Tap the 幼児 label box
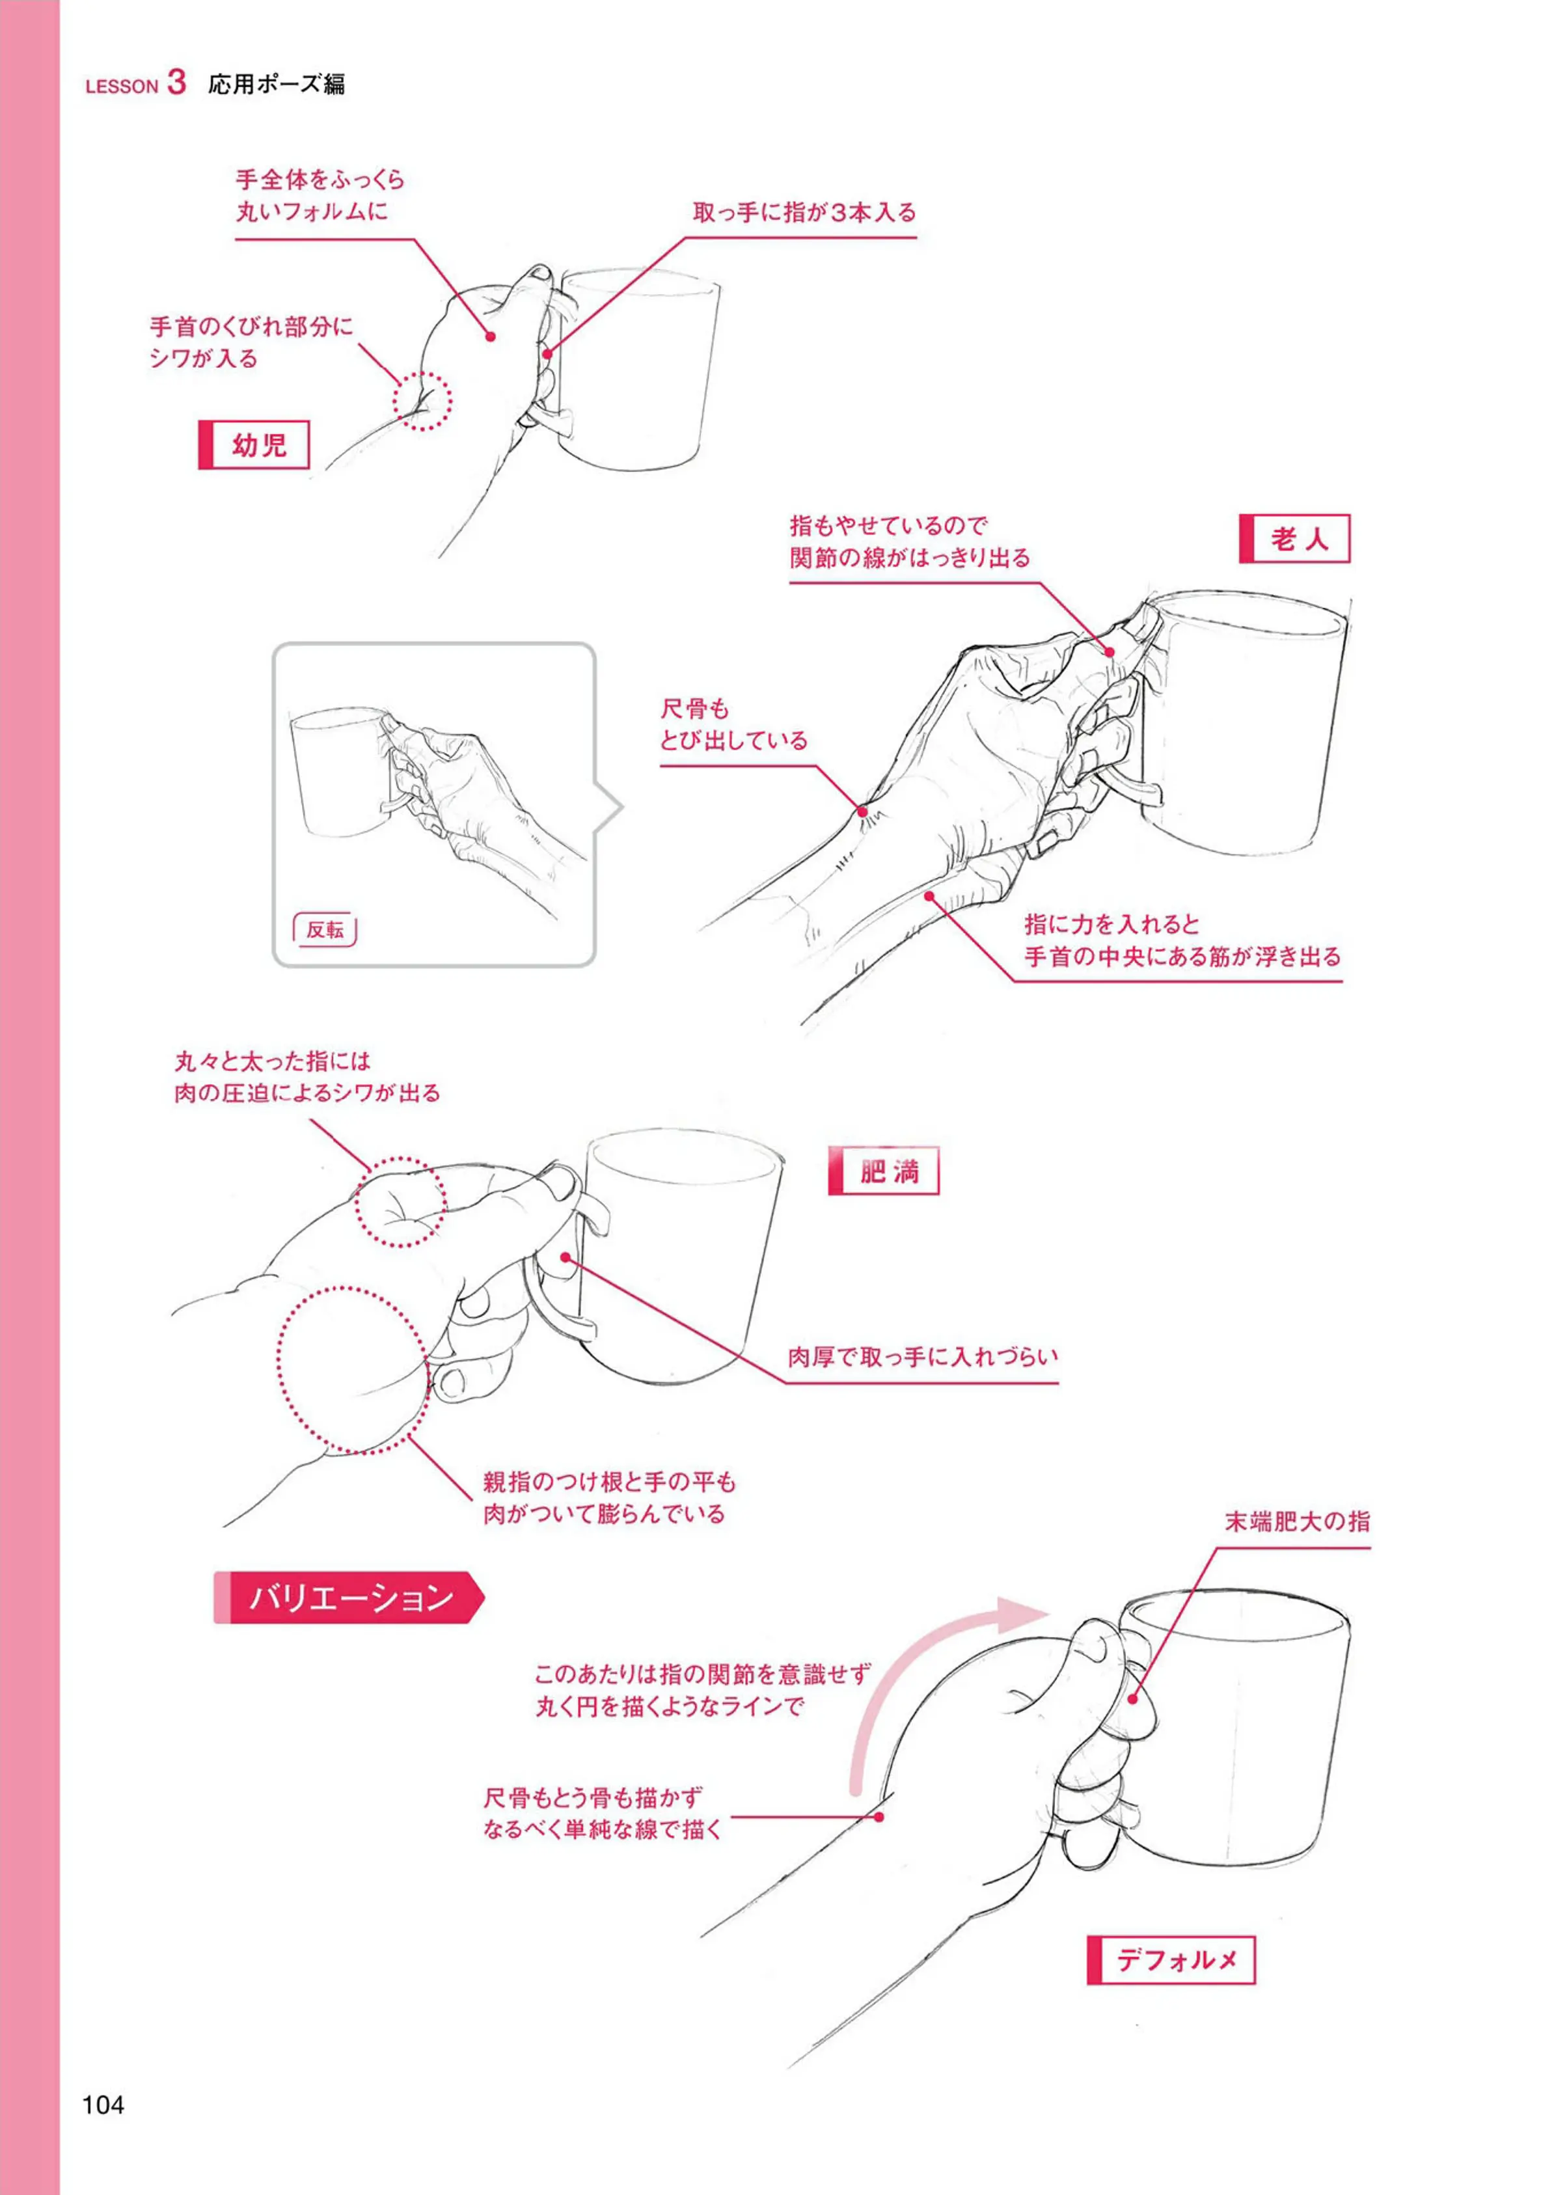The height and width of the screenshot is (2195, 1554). point(254,445)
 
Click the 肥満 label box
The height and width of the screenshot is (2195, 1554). point(883,1171)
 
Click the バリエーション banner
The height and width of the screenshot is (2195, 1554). point(349,1598)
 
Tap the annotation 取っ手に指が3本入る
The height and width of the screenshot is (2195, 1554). point(804,212)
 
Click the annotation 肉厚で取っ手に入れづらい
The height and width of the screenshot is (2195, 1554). point(923,1356)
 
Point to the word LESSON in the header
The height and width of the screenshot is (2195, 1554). point(122,86)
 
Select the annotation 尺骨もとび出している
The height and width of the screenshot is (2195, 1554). point(733,724)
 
